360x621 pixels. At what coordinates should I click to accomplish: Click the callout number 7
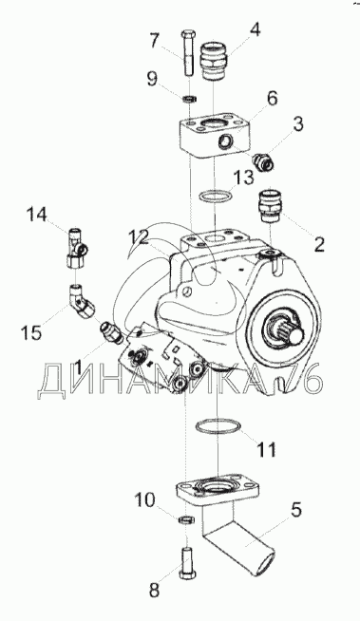point(154,41)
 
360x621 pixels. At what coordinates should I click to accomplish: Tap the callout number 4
point(255,28)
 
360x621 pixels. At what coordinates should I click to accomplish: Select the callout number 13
point(243,177)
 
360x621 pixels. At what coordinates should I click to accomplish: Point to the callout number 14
point(36,215)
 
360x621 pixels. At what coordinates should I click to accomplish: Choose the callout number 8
point(153,591)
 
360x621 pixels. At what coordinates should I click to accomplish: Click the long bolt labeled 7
point(188,53)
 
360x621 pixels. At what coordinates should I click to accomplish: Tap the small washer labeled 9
point(191,98)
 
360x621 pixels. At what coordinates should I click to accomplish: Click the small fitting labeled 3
point(262,160)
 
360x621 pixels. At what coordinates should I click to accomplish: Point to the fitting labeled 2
point(270,203)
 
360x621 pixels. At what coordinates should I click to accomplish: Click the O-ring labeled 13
point(214,196)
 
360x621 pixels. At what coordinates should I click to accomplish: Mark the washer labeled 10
point(185,520)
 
